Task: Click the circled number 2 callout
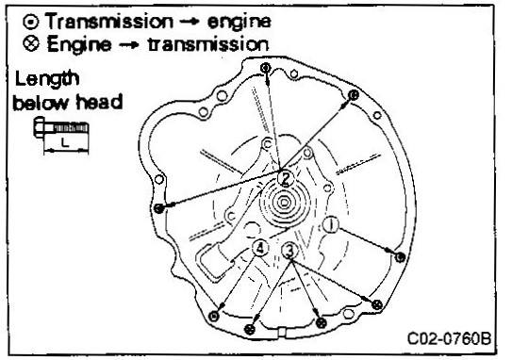286,179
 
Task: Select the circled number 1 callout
331,225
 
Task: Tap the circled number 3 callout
289,251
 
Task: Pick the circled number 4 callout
260,249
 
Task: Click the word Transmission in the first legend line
109,22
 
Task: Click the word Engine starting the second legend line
78,44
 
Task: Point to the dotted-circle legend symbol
31,22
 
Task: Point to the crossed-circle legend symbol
31,43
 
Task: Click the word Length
47,80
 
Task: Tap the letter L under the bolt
65,142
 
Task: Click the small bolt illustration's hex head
39,127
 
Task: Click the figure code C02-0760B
449,338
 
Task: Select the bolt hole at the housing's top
266,68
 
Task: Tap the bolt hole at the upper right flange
354,95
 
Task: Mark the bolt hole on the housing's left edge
158,208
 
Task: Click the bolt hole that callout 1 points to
401,257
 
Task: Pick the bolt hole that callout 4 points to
214,316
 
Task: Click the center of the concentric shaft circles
284,204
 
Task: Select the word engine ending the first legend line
239,23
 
